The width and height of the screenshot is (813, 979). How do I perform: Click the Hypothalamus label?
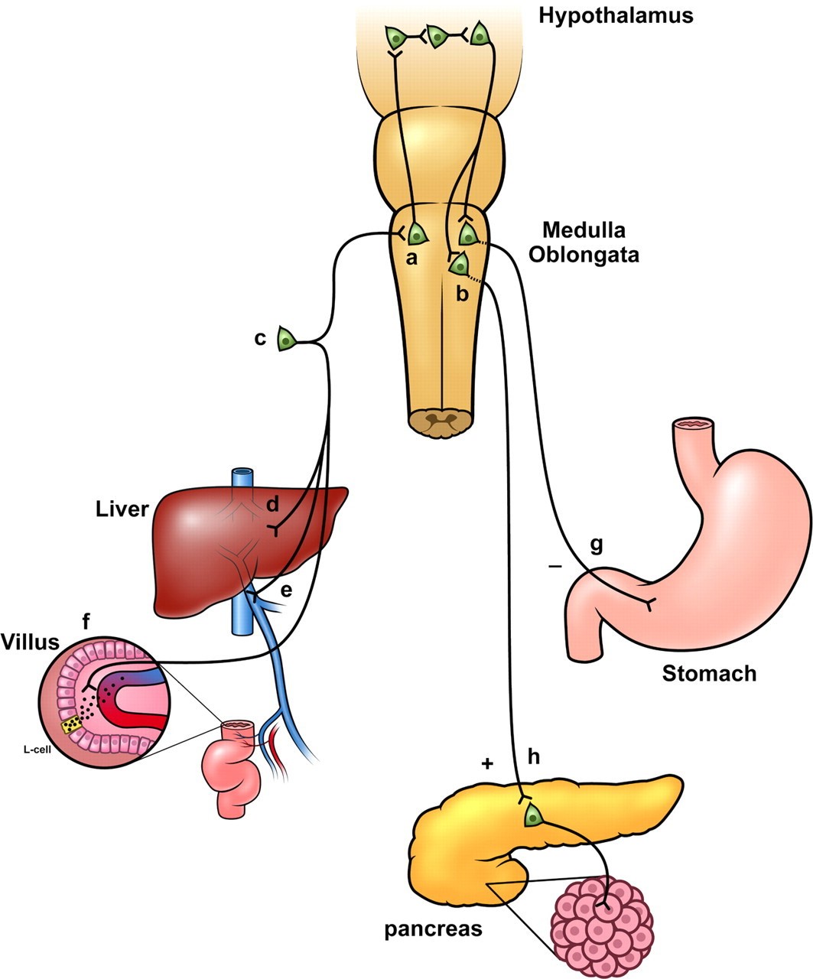pos(616,15)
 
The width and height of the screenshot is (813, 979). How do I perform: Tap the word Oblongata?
pos(591,255)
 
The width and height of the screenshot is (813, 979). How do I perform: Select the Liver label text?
pos(122,509)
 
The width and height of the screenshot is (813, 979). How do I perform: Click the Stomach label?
pos(709,673)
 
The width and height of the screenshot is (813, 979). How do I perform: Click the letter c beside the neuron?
pos(261,338)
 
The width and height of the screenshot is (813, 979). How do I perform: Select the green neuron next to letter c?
pos(286,339)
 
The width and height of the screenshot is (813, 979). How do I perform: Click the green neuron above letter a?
pos(416,233)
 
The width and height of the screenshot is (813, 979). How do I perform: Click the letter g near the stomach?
pos(597,545)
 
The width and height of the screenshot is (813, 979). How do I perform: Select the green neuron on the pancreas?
pos(534,817)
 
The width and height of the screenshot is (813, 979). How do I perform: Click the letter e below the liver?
pos(286,590)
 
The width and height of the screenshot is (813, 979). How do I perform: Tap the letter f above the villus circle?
pos(86,623)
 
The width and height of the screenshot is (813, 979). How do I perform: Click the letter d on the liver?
pos(272,505)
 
